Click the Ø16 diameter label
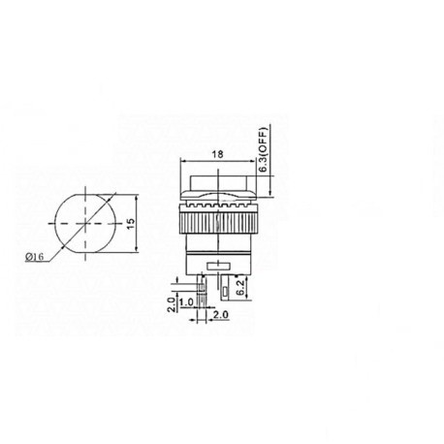tap(34, 257)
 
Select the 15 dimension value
tap(131, 224)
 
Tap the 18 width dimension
tap(217, 154)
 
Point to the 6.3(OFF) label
tap(265, 149)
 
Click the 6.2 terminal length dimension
tap(240, 287)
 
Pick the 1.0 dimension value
tap(186, 302)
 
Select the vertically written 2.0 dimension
tap(172, 304)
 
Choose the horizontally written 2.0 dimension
tap(221, 314)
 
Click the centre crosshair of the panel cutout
tap(85, 223)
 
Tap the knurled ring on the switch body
tap(218, 223)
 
